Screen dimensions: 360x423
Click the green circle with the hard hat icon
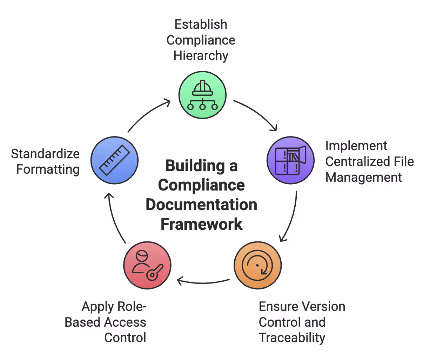click(x=202, y=95)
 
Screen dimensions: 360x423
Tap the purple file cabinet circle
click(x=290, y=160)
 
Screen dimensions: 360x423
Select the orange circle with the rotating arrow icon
click(x=257, y=265)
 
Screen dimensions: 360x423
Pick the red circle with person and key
click(x=147, y=265)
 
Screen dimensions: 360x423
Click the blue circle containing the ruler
click(x=114, y=160)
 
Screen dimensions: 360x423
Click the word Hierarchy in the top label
click(x=201, y=56)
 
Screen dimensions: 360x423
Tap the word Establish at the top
click(x=201, y=25)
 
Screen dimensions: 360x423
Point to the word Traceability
click(x=292, y=338)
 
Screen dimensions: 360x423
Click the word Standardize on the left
click(x=45, y=154)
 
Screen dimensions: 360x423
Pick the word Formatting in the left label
click(x=48, y=169)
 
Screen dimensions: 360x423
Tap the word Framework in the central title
click(x=201, y=224)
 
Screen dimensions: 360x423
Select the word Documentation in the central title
click(x=201, y=205)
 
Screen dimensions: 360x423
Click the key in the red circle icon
click(x=154, y=272)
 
